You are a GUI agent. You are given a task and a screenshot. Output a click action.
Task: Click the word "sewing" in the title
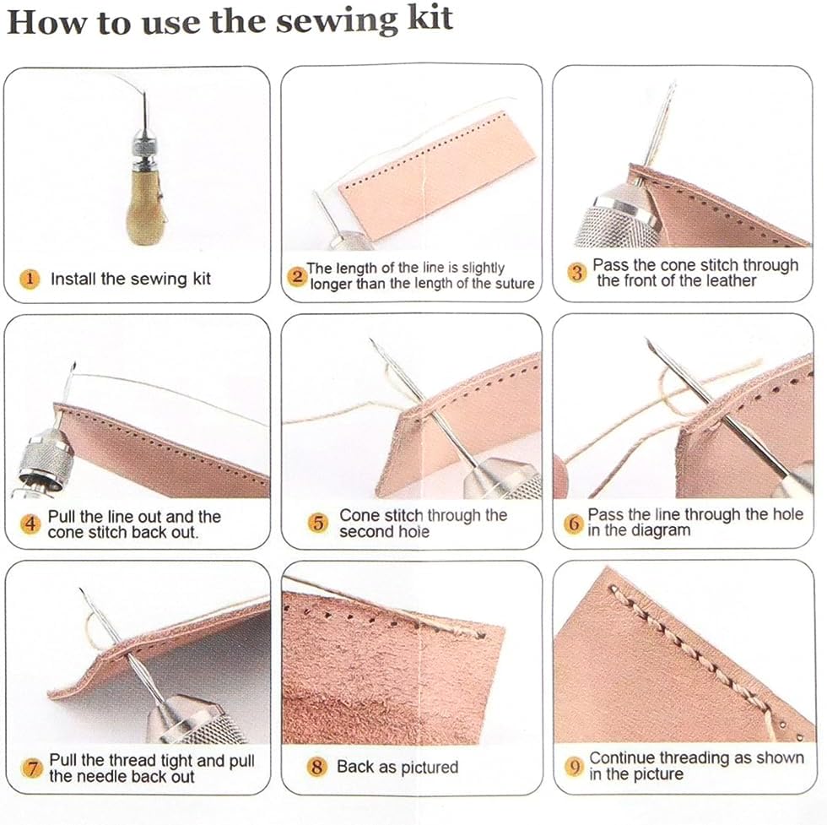coord(338,22)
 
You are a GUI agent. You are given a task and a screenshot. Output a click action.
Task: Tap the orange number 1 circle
coord(30,279)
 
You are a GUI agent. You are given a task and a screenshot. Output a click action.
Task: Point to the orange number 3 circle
coord(577,273)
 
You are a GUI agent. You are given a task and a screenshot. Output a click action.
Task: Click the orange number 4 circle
coord(30,524)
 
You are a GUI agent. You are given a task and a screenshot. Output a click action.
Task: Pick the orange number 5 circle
coord(318,523)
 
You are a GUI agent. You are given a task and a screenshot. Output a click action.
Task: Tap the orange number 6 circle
coord(574,523)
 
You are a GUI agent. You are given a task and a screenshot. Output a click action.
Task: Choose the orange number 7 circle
coord(32,768)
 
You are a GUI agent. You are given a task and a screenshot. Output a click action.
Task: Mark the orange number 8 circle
coord(317,767)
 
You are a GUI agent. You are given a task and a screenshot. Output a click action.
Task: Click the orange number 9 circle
coord(575,766)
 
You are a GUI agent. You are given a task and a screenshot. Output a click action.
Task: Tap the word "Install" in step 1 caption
coord(73,279)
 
